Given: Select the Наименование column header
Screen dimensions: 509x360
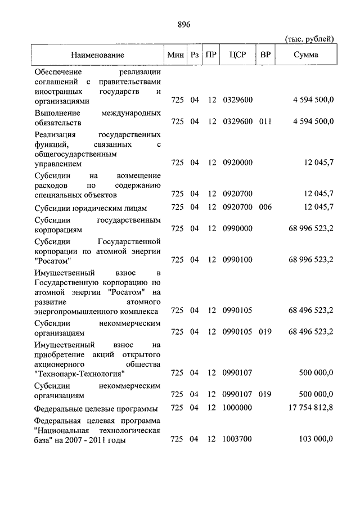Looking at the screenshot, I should pyautogui.click(x=97, y=55).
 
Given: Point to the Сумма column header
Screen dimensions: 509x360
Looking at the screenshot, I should pyautogui.click(x=306, y=55).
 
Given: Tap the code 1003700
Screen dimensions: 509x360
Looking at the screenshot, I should pyautogui.click(x=238, y=440).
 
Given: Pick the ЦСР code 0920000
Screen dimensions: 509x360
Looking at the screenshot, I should pyautogui.click(x=238, y=163).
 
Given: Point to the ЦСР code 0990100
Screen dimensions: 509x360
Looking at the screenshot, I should pyautogui.click(x=238, y=260).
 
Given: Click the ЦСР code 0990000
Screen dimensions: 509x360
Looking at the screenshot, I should pyautogui.click(x=238, y=229).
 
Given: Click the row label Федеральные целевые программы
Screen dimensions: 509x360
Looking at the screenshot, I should pyautogui.click(x=94, y=408).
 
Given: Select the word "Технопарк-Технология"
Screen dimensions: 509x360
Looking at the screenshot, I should pyautogui.click(x=79, y=373).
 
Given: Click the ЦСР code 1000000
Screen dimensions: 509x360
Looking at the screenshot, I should pyautogui.click(x=238, y=408).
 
